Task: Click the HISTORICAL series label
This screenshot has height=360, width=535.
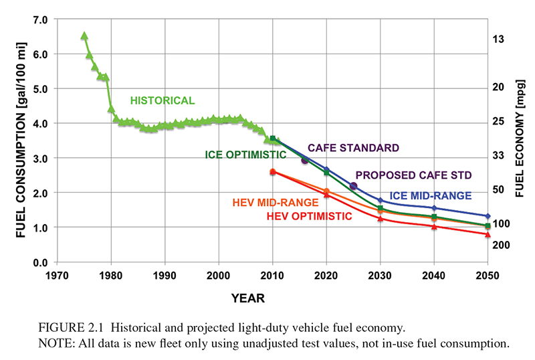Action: click(162, 101)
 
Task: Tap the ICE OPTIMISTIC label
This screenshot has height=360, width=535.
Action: click(245, 155)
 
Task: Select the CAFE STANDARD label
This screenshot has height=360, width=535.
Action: click(353, 148)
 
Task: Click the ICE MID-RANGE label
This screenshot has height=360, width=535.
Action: click(431, 195)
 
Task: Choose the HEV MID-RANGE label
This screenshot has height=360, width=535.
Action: click(276, 202)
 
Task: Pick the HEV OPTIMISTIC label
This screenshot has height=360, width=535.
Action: click(309, 216)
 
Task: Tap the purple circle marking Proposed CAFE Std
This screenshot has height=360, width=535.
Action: click(354, 186)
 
